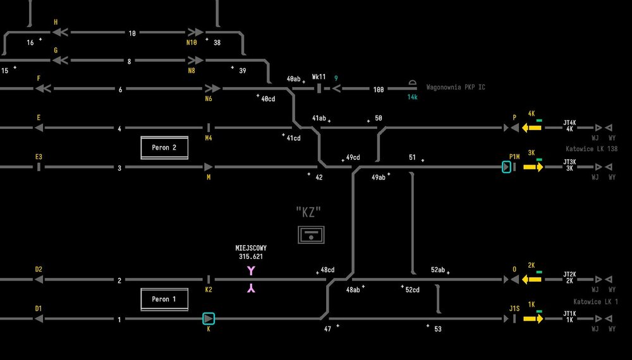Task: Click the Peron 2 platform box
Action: point(164,147)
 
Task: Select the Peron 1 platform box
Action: point(164,299)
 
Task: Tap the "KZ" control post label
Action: point(308,212)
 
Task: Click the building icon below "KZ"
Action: point(311,235)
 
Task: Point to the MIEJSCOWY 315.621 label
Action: point(251,253)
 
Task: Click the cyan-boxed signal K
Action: point(209,319)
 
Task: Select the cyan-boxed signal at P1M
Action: point(506,167)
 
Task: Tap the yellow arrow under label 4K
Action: point(532,128)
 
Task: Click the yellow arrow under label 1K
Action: point(533,319)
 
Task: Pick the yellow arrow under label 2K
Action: point(532,279)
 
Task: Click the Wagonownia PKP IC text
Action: point(456,87)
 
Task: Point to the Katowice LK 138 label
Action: point(592,149)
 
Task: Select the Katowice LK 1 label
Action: point(595,302)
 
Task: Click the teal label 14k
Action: point(412,97)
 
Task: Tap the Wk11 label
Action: point(319,76)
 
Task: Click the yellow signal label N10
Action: point(191,42)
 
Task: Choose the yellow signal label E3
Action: point(39,157)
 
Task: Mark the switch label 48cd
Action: point(327,270)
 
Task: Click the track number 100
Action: point(378,90)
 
